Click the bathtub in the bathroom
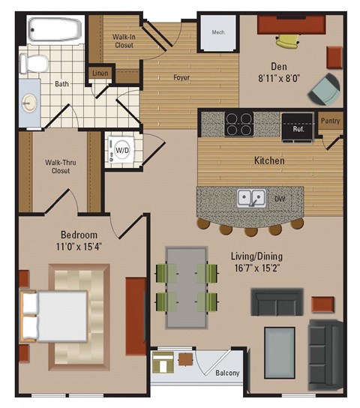[54, 31]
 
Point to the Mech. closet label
[219, 31]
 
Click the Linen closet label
[100, 73]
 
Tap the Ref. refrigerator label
[297, 128]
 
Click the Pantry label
[330, 120]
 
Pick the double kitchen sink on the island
[251, 199]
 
